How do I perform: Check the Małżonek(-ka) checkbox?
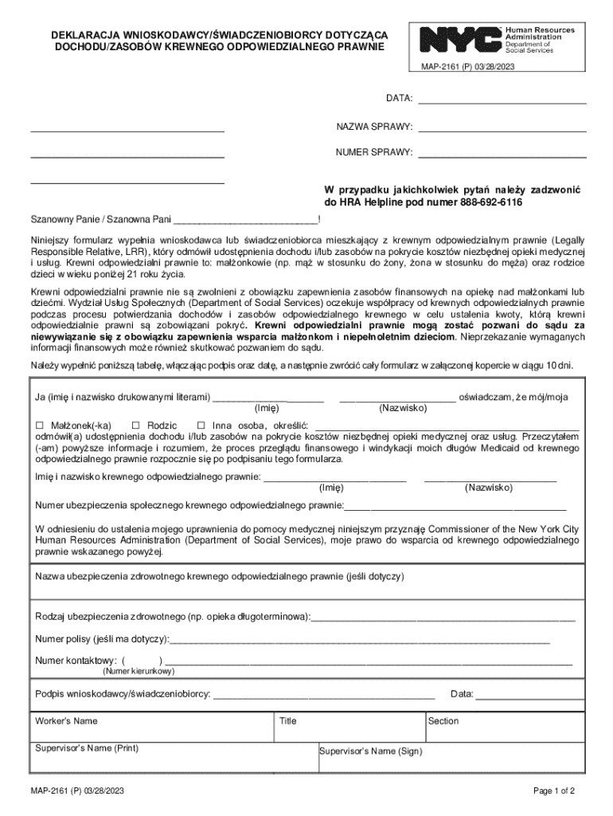click(39, 426)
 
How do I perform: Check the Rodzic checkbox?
click(135, 426)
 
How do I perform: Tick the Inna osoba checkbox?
click(201, 426)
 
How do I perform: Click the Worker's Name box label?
click(67, 720)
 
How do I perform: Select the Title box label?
click(288, 720)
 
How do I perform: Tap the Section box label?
click(443, 720)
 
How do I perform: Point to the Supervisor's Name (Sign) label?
click(371, 751)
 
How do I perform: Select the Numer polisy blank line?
click(359, 641)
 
